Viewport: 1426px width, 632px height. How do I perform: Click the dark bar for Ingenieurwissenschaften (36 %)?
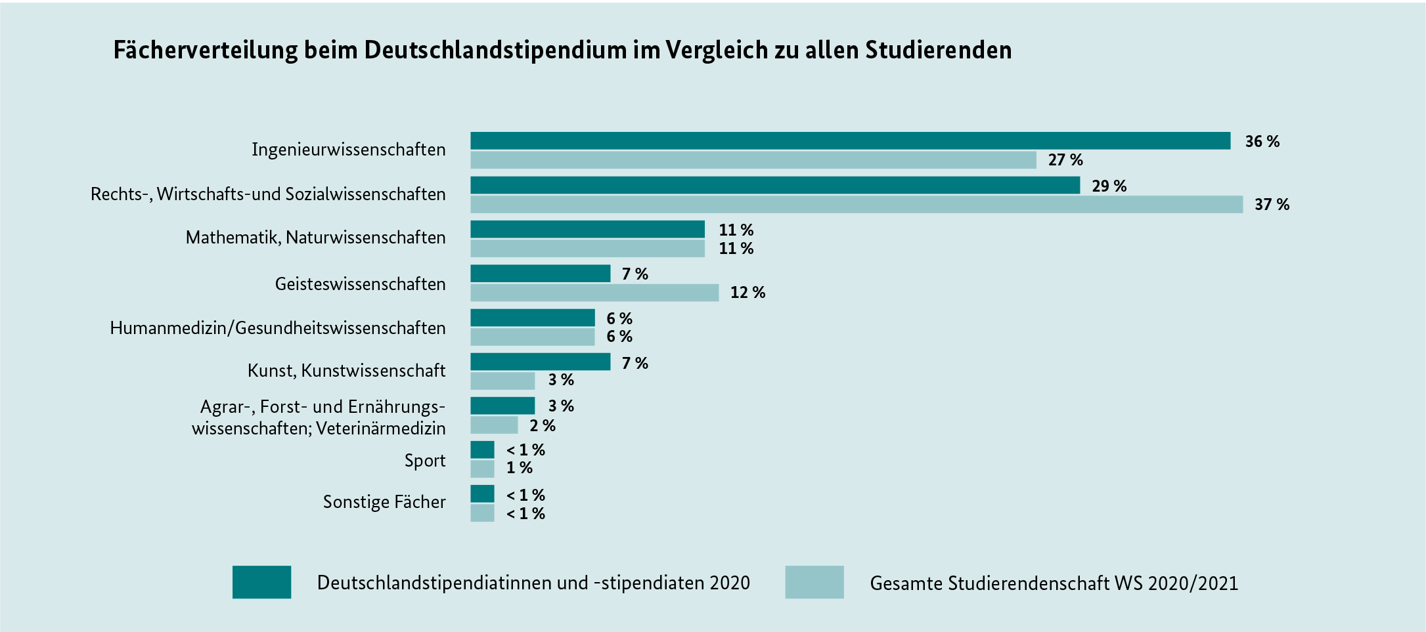(850, 140)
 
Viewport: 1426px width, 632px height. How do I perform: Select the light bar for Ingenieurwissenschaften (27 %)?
(753, 159)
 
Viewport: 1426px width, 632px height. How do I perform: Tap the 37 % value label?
(1272, 205)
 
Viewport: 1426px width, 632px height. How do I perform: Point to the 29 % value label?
(1109, 186)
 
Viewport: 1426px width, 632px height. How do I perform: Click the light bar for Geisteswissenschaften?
(594, 293)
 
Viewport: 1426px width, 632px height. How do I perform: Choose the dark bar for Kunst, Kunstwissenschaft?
(540, 362)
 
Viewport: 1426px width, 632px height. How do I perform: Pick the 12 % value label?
(747, 293)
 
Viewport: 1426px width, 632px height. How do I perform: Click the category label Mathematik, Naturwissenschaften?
(315, 238)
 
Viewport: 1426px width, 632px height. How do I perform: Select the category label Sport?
(424, 461)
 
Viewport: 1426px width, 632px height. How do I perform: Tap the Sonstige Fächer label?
(384, 502)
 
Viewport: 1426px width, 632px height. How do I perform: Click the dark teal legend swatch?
(261, 582)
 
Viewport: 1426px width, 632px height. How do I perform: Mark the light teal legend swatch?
(814, 582)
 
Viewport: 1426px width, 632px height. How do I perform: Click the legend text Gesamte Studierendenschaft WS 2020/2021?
(1054, 583)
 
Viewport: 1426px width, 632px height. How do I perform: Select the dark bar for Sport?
(482, 450)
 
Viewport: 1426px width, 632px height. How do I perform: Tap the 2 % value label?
(543, 426)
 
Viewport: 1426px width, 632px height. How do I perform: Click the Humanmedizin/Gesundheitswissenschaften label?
(277, 328)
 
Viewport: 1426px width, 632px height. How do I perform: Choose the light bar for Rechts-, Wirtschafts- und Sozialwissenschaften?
(857, 204)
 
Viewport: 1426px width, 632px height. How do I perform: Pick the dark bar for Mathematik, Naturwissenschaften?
(587, 229)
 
